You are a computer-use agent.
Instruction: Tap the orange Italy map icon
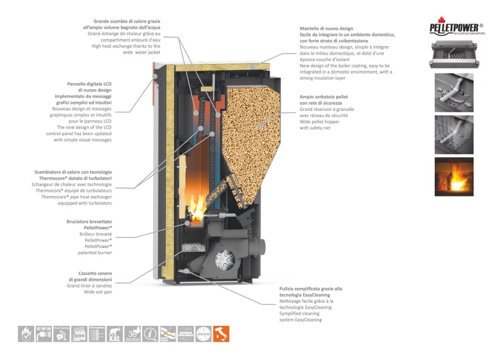(221, 333)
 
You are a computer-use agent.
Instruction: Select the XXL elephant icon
(115, 333)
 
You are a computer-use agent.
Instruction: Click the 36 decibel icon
(132, 333)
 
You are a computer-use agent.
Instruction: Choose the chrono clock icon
(204, 333)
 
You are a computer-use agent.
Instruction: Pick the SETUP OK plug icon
(43, 333)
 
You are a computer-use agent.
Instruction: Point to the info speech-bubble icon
(150, 333)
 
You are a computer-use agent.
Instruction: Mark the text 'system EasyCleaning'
(300, 320)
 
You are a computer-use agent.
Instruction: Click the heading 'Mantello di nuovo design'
(327, 28)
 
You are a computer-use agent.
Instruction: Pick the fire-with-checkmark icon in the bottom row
(26, 333)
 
